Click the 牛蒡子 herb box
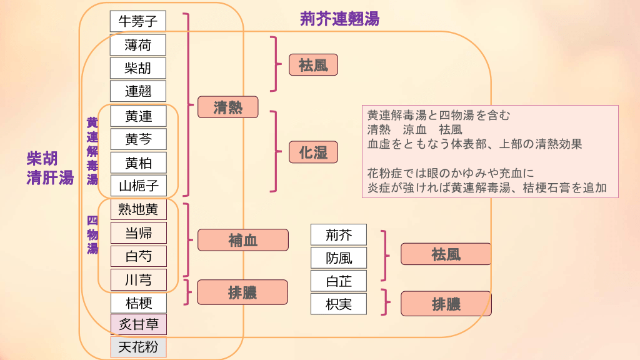tap(138, 21)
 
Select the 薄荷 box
tap(138, 45)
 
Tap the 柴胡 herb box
tap(138, 67)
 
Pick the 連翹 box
tap(138, 91)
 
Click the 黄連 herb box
tap(138, 116)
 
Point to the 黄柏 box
tap(138, 163)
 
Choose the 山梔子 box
tap(138, 186)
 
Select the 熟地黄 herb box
tap(138, 209)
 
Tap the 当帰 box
tap(138, 233)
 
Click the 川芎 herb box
tap(138, 279)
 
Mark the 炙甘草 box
tap(138, 324)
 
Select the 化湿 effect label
tap(313, 152)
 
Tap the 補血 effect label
tap(242, 240)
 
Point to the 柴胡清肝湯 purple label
tap(49, 168)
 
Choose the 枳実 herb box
tap(339, 304)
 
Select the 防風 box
tap(339, 257)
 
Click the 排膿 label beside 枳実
tap(446, 304)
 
